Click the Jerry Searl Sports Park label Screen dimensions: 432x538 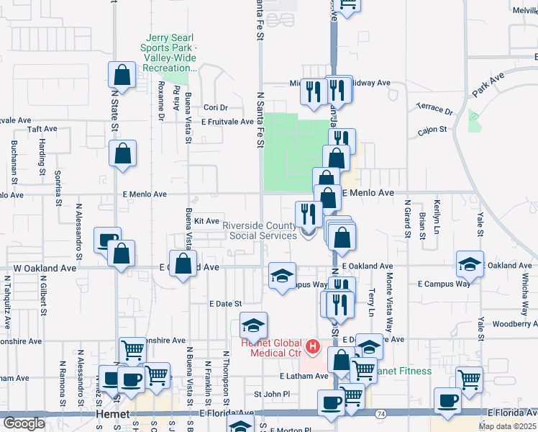[171, 53]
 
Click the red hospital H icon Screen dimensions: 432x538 [312, 347]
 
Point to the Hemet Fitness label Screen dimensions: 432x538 [403, 372]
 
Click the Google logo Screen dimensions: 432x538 [24, 423]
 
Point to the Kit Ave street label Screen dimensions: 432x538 [206, 221]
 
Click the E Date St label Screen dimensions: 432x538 [225, 305]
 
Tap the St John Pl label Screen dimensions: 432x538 [272, 395]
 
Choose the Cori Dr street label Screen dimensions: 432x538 [215, 107]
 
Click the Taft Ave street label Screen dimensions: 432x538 [42, 129]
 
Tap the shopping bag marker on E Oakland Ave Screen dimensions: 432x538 [183, 263]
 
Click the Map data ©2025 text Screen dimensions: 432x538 [507, 426]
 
